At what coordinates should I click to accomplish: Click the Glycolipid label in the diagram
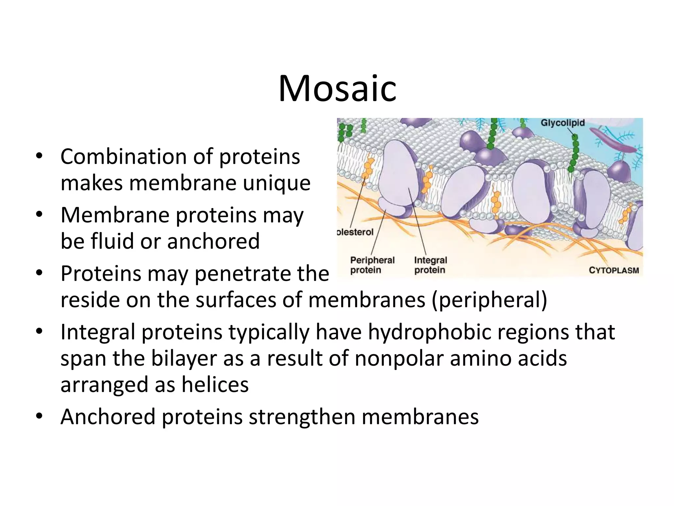(562, 123)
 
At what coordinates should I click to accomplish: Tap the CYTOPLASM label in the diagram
(613, 270)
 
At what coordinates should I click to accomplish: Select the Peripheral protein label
(372, 265)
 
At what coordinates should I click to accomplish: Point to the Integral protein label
(430, 265)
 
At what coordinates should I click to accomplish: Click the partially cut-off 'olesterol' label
(355, 232)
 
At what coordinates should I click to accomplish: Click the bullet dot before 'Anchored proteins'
(39, 416)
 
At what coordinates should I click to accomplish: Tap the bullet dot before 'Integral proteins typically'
(39, 332)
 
